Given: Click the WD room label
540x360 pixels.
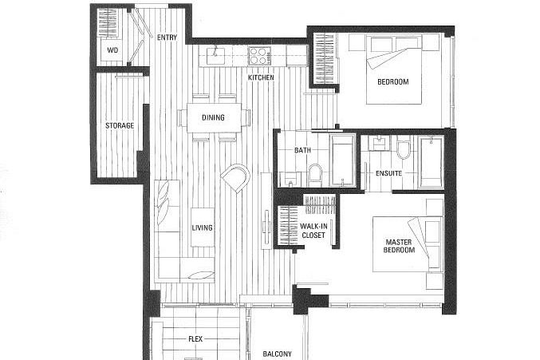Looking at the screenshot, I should (x=112, y=49).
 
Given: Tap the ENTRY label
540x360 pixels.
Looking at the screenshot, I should (x=167, y=38).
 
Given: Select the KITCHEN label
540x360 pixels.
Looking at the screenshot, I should (x=260, y=77).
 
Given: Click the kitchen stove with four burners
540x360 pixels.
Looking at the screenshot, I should (x=260, y=55).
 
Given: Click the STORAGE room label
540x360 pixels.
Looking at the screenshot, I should (x=119, y=126).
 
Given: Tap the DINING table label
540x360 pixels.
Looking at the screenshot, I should (x=213, y=118).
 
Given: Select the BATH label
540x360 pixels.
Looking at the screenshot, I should (x=302, y=150).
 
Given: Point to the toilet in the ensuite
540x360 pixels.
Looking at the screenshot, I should (x=403, y=149).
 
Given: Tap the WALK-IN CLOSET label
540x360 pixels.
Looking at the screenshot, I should (x=313, y=232).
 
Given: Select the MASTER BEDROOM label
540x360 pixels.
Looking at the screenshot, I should (x=400, y=246).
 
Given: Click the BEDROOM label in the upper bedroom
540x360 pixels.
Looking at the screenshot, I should (x=392, y=82).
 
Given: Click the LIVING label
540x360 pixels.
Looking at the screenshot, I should (x=202, y=228).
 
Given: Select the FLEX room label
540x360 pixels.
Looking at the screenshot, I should (x=195, y=338).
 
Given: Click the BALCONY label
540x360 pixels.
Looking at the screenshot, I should (x=277, y=354).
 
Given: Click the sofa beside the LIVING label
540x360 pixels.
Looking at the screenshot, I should (x=167, y=227).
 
